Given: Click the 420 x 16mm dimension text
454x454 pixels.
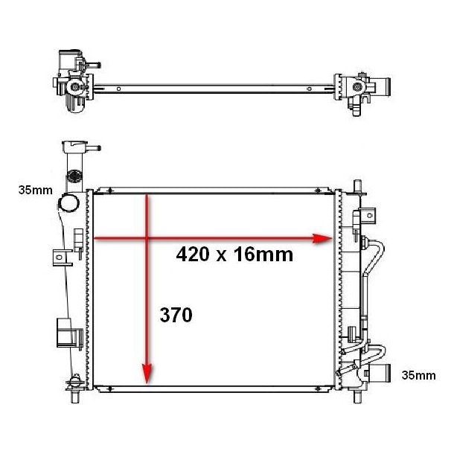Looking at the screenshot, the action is (x=234, y=255).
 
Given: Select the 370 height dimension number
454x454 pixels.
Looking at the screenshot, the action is (x=176, y=315).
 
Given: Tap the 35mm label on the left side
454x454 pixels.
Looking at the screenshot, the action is (x=36, y=191).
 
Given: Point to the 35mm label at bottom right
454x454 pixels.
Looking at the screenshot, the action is (x=419, y=375).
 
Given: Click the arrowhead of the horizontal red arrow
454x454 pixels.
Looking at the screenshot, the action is (x=322, y=239).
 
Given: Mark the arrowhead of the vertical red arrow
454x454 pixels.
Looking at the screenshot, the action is (x=147, y=374).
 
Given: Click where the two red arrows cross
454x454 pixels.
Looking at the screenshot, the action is (x=147, y=238).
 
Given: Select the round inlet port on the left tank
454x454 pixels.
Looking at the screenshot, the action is (x=69, y=203).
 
